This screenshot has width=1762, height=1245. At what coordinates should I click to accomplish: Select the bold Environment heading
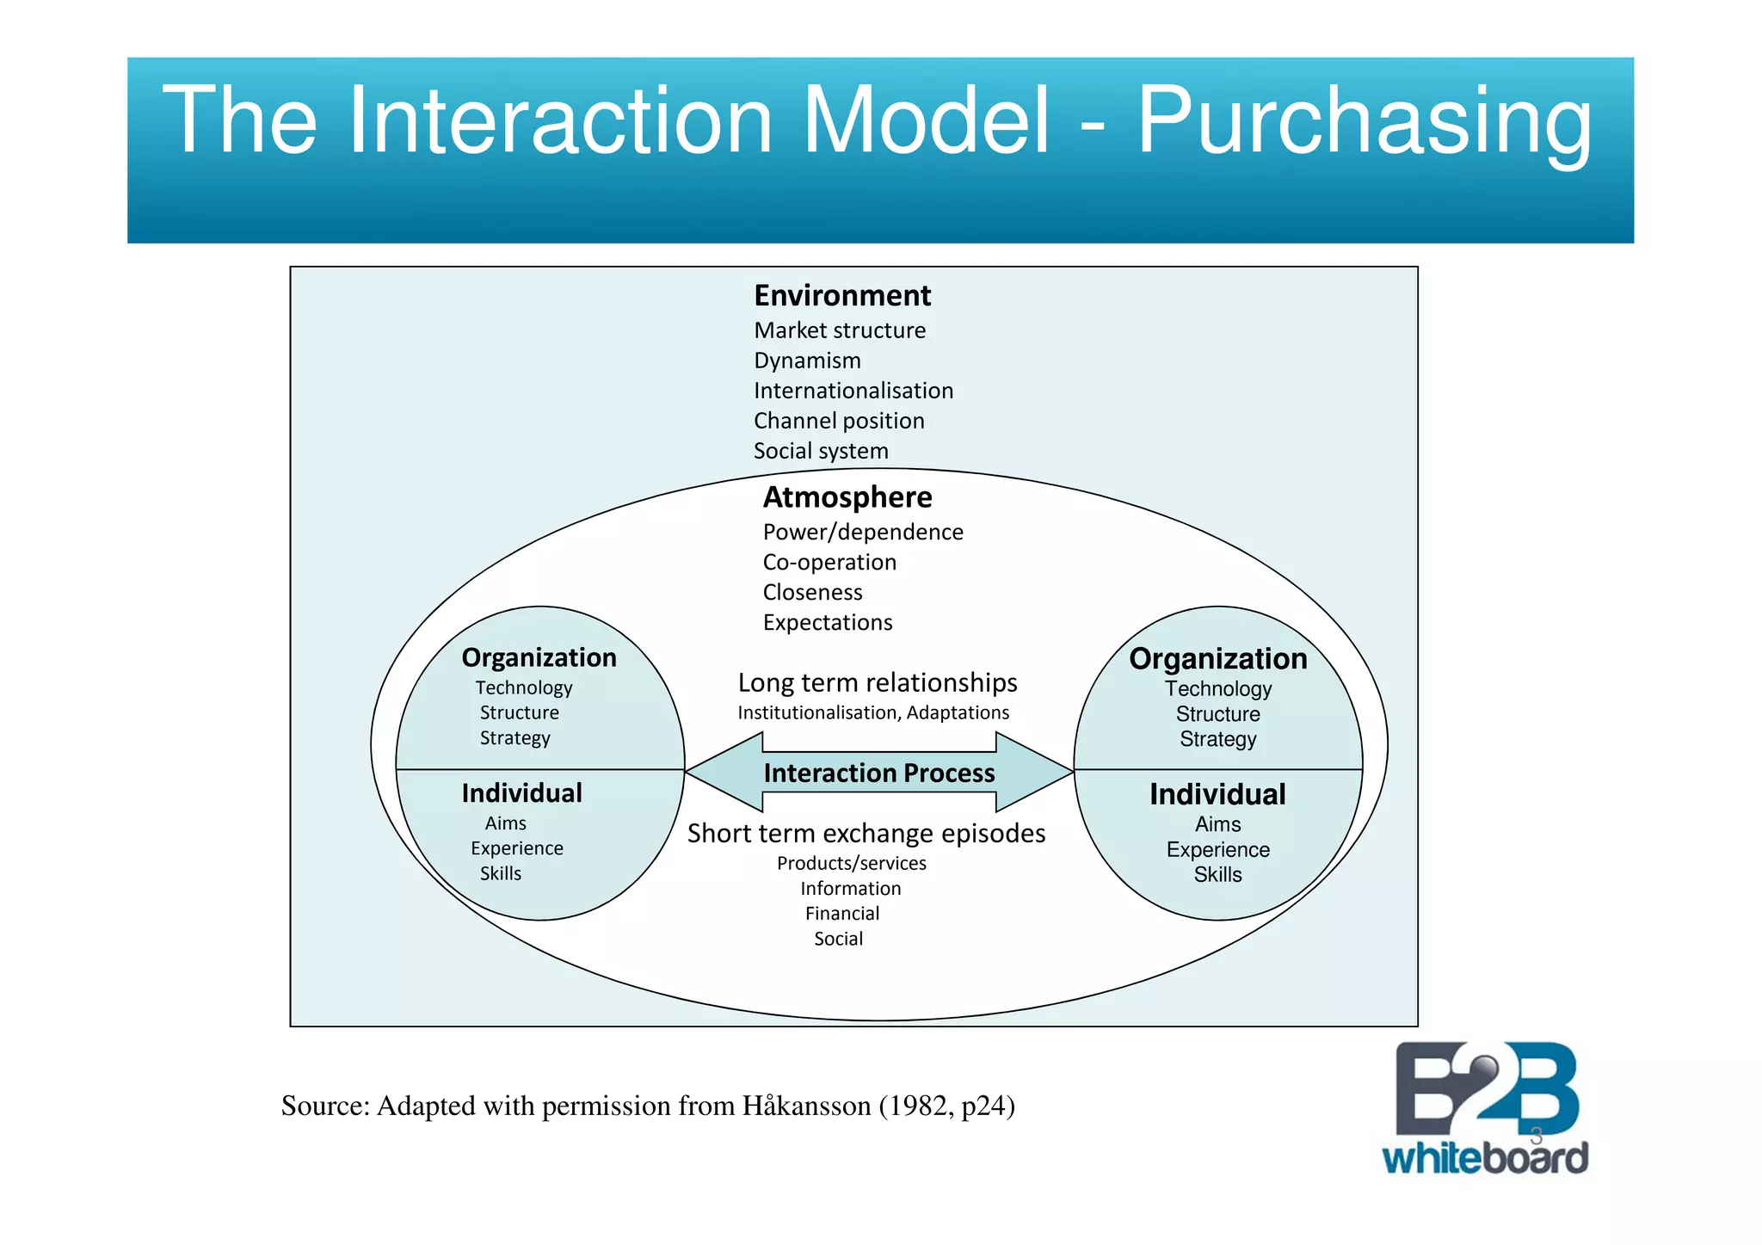tap(841, 296)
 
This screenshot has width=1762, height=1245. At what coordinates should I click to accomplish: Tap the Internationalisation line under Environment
tap(853, 391)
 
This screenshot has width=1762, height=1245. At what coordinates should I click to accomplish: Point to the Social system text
tap(821, 451)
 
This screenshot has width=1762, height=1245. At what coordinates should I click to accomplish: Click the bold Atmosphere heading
tap(847, 497)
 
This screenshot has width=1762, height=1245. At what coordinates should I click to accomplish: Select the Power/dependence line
tap(862, 532)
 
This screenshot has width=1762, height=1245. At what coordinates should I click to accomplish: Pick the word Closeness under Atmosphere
tap(812, 592)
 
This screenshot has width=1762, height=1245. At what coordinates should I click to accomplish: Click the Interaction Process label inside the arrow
tap(878, 773)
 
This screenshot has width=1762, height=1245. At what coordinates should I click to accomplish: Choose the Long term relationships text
tap(877, 682)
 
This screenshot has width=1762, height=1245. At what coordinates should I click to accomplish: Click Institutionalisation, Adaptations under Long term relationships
tap(872, 712)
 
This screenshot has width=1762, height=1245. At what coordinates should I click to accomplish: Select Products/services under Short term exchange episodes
tap(851, 863)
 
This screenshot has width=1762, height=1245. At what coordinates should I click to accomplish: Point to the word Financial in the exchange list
tap(841, 914)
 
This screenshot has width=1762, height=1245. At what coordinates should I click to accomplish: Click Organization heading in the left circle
tap(539, 657)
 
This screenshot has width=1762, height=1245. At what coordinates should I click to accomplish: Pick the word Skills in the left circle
tap(500, 873)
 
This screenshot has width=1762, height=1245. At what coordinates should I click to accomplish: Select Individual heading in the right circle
tap(1217, 794)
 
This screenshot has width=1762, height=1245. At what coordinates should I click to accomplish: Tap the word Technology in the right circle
tap(1217, 689)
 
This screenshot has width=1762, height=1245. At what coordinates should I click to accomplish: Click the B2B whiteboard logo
tap(1485, 1109)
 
